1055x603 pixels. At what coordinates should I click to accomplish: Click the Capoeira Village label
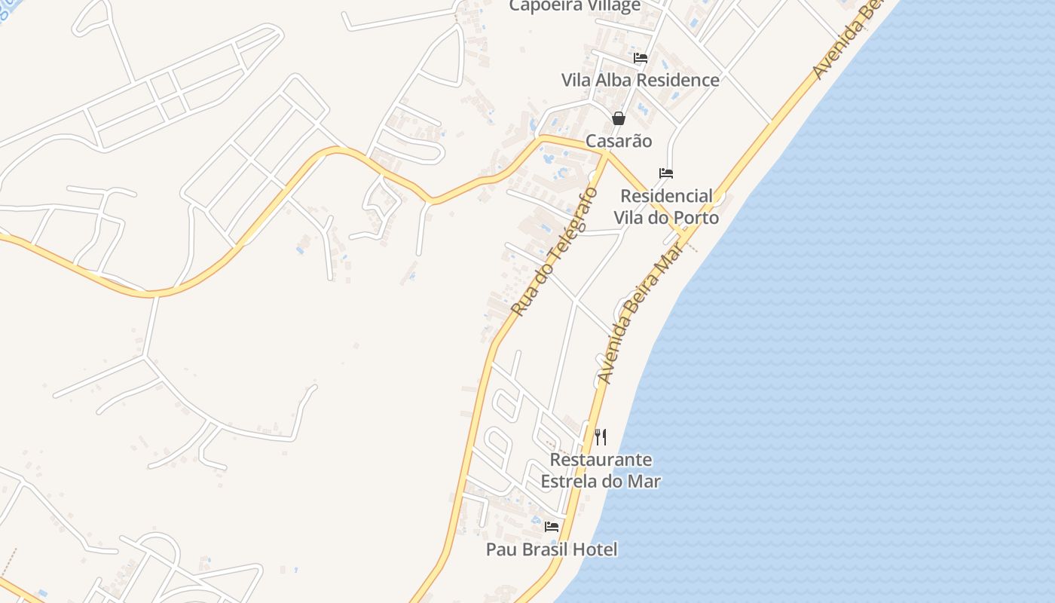[x=574, y=6]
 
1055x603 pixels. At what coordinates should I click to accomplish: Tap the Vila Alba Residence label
[x=640, y=80]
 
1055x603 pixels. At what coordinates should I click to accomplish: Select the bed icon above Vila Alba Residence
[x=641, y=57]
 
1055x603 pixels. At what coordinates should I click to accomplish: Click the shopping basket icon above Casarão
[x=619, y=118]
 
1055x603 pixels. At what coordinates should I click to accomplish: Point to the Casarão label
[x=619, y=141]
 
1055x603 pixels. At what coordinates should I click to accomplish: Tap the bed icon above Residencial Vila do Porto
[x=666, y=173]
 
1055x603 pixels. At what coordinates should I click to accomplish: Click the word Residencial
[x=666, y=196]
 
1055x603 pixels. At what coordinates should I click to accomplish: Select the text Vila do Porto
[x=666, y=218]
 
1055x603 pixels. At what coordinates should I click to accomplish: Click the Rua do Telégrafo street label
[x=554, y=252]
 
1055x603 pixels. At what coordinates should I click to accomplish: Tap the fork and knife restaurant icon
[x=601, y=437]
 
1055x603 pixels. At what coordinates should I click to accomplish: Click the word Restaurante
[x=601, y=460]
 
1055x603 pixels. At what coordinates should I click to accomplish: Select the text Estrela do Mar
[x=601, y=482]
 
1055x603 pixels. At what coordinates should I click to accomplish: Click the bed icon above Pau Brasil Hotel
[x=552, y=527]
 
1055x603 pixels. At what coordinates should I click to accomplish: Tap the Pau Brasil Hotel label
[x=552, y=549]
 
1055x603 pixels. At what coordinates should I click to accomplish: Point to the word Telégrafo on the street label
[x=567, y=230]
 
